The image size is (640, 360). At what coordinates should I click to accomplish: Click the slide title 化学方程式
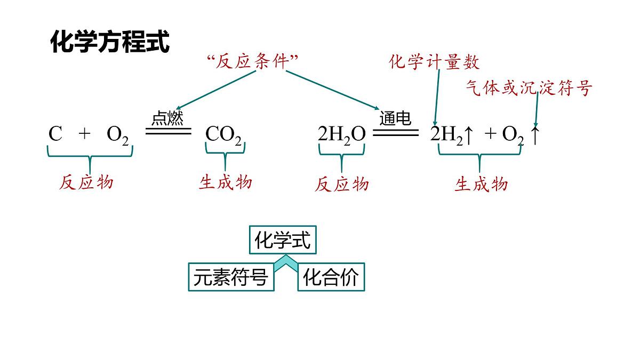coord(110,42)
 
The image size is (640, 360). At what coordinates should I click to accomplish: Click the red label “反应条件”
coord(252,62)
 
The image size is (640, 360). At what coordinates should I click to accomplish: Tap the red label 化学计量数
coord(434,62)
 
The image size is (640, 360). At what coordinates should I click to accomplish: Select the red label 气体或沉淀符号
coord(529,87)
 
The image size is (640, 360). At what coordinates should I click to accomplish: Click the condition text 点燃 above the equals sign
coord(167,118)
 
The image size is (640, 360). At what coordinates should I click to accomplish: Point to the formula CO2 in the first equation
coord(223,135)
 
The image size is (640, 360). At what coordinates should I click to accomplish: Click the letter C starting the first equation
coord(55,134)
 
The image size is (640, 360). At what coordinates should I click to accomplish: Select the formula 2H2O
coord(341,135)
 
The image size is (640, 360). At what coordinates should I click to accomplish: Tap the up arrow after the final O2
coord(535,135)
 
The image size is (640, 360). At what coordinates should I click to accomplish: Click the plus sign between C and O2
coord(84,134)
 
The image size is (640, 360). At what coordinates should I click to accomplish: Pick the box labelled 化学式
coord(283,241)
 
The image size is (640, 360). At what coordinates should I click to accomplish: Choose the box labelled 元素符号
coord(231,277)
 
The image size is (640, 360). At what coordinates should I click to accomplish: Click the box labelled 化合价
coord(331,277)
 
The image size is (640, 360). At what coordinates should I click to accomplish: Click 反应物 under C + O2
coord(86,182)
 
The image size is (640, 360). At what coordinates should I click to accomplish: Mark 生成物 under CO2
coord(225,182)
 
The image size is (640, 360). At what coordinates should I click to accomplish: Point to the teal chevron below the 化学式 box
coord(285,263)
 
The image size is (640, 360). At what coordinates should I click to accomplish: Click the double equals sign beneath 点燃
coord(168,131)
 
